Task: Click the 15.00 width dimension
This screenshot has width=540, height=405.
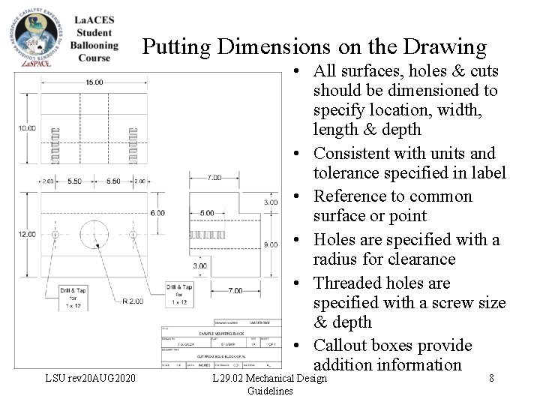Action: coord(94,82)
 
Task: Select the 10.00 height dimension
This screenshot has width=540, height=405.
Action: coord(26,128)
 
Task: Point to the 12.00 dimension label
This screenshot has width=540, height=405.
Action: coord(26,234)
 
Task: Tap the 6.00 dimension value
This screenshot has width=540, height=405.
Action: coord(157,213)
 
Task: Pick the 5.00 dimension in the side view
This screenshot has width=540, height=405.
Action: coord(206,213)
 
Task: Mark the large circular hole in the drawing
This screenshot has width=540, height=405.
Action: coord(94,234)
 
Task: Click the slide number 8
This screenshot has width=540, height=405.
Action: coord(491,379)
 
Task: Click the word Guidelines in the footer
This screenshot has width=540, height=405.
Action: coord(270,391)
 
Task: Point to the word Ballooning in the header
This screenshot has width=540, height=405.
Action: coord(94,45)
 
